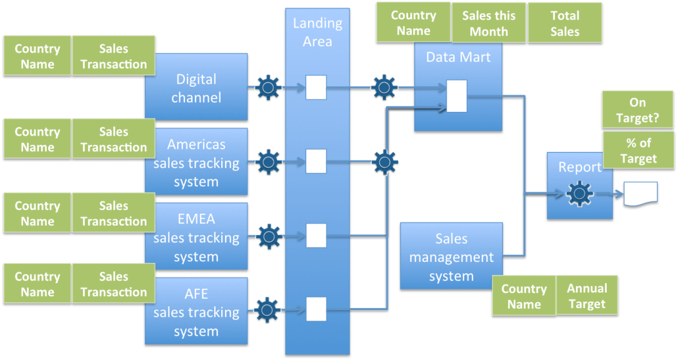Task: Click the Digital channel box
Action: (x=197, y=89)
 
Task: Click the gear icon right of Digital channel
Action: (x=269, y=87)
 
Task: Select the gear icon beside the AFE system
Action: (x=269, y=308)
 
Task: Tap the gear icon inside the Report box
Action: (x=579, y=194)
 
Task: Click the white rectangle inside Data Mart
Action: (x=457, y=97)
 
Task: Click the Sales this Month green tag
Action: (x=489, y=24)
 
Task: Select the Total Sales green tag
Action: (x=565, y=24)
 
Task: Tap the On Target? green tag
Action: (x=637, y=110)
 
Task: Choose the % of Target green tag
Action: (x=639, y=150)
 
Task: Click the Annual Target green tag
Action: (x=587, y=296)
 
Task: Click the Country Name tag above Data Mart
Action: (x=413, y=24)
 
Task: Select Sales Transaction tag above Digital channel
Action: (x=114, y=56)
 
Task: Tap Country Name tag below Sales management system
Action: (x=524, y=296)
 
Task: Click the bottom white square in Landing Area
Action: (x=316, y=309)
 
